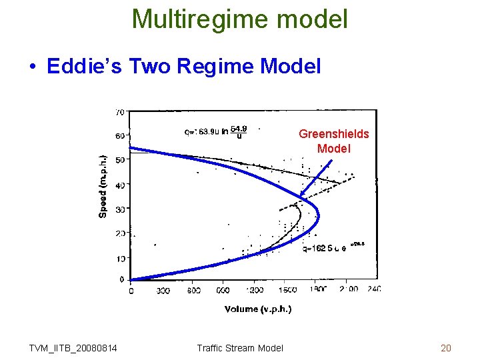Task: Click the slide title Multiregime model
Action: click(x=240, y=19)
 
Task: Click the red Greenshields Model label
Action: click(x=333, y=141)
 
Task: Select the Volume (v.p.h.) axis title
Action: click(x=258, y=309)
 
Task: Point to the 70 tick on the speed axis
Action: click(x=121, y=111)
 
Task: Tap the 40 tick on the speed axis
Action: click(x=121, y=185)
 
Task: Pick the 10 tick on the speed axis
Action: click(x=121, y=257)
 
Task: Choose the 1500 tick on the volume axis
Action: click(x=287, y=290)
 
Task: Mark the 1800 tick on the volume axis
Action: click(x=319, y=290)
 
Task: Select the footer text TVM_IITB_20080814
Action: click(x=73, y=347)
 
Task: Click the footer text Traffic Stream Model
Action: click(x=240, y=347)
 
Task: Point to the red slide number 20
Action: click(x=446, y=347)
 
